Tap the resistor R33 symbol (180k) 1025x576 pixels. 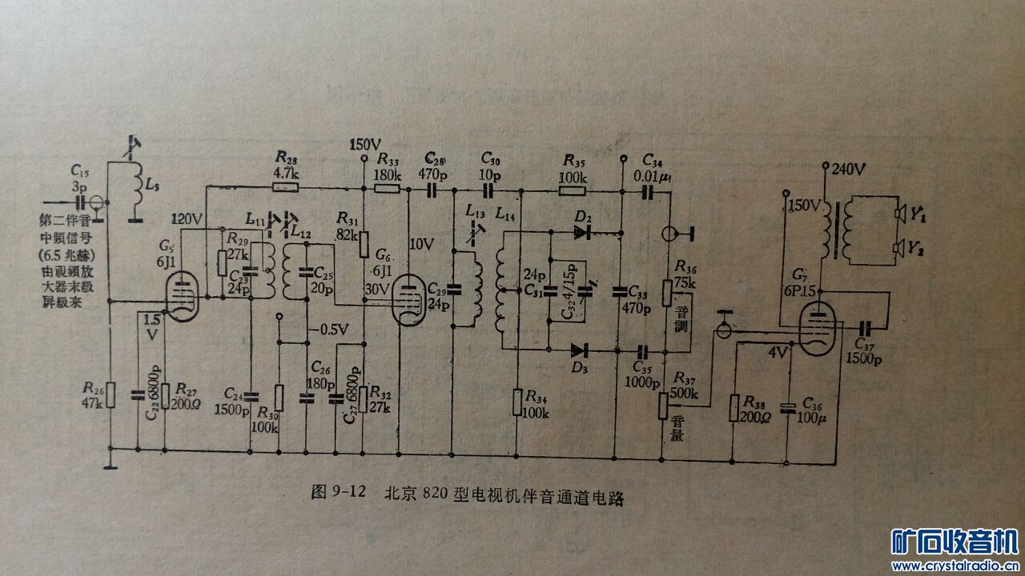point(388,190)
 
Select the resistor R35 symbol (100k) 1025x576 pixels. point(573,191)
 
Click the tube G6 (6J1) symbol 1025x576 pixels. point(410,298)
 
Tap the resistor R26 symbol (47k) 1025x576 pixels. point(111,394)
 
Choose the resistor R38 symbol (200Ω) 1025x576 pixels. point(732,408)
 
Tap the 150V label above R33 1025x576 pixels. point(364,146)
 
